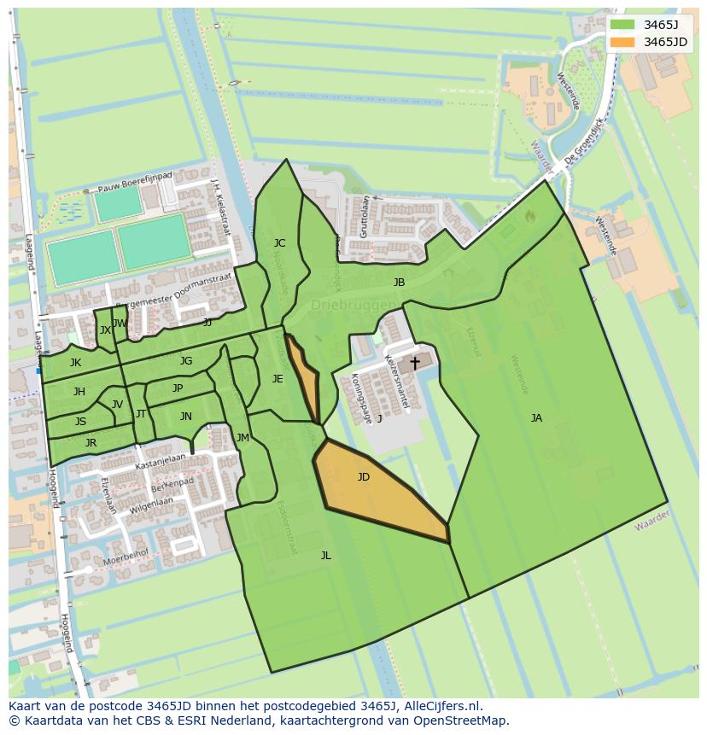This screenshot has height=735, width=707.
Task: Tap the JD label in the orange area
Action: tap(364, 477)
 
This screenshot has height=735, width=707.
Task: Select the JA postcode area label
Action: tap(536, 418)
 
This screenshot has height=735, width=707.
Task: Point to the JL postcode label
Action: tap(325, 556)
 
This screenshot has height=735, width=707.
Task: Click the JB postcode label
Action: tap(399, 283)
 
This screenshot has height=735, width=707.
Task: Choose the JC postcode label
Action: tap(279, 243)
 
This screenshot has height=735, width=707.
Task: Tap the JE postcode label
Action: tap(278, 379)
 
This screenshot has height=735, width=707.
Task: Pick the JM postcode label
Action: tap(242, 438)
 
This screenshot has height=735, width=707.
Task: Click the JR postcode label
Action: tap(91, 443)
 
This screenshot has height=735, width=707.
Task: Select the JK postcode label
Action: tap(75, 363)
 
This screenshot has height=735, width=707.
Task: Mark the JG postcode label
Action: tap(186, 361)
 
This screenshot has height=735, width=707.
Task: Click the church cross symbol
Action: tap(415, 363)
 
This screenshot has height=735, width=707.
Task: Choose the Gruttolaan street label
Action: tap(365, 215)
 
